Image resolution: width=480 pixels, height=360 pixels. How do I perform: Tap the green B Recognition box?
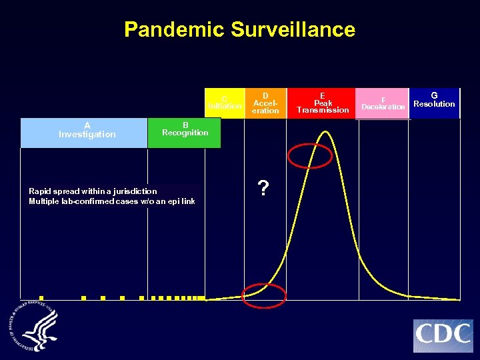coord(184,133)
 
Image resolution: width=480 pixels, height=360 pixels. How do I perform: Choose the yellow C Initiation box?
coord(225,103)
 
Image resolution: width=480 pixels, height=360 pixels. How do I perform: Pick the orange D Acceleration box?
coord(265,103)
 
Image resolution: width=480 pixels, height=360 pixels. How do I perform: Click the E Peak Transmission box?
coord(323,103)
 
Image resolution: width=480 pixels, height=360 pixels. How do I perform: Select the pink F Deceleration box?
coord(383,103)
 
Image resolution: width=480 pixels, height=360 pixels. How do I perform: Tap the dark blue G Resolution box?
coord(434,103)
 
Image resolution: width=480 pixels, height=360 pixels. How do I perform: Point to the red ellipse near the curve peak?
coord(309,155)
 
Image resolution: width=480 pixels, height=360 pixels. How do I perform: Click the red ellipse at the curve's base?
coord(263,295)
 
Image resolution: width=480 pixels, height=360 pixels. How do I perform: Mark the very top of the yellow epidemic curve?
coord(326,131)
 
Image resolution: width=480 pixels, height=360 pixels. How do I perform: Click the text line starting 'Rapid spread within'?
coord(93,191)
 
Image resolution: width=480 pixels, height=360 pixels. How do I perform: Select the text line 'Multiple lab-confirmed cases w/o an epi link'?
coord(112,201)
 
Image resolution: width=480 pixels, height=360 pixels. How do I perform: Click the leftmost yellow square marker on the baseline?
coord(41,298)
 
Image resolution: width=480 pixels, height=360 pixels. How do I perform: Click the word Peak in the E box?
coord(323,103)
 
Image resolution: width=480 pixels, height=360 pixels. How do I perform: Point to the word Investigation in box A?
coord(87,135)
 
